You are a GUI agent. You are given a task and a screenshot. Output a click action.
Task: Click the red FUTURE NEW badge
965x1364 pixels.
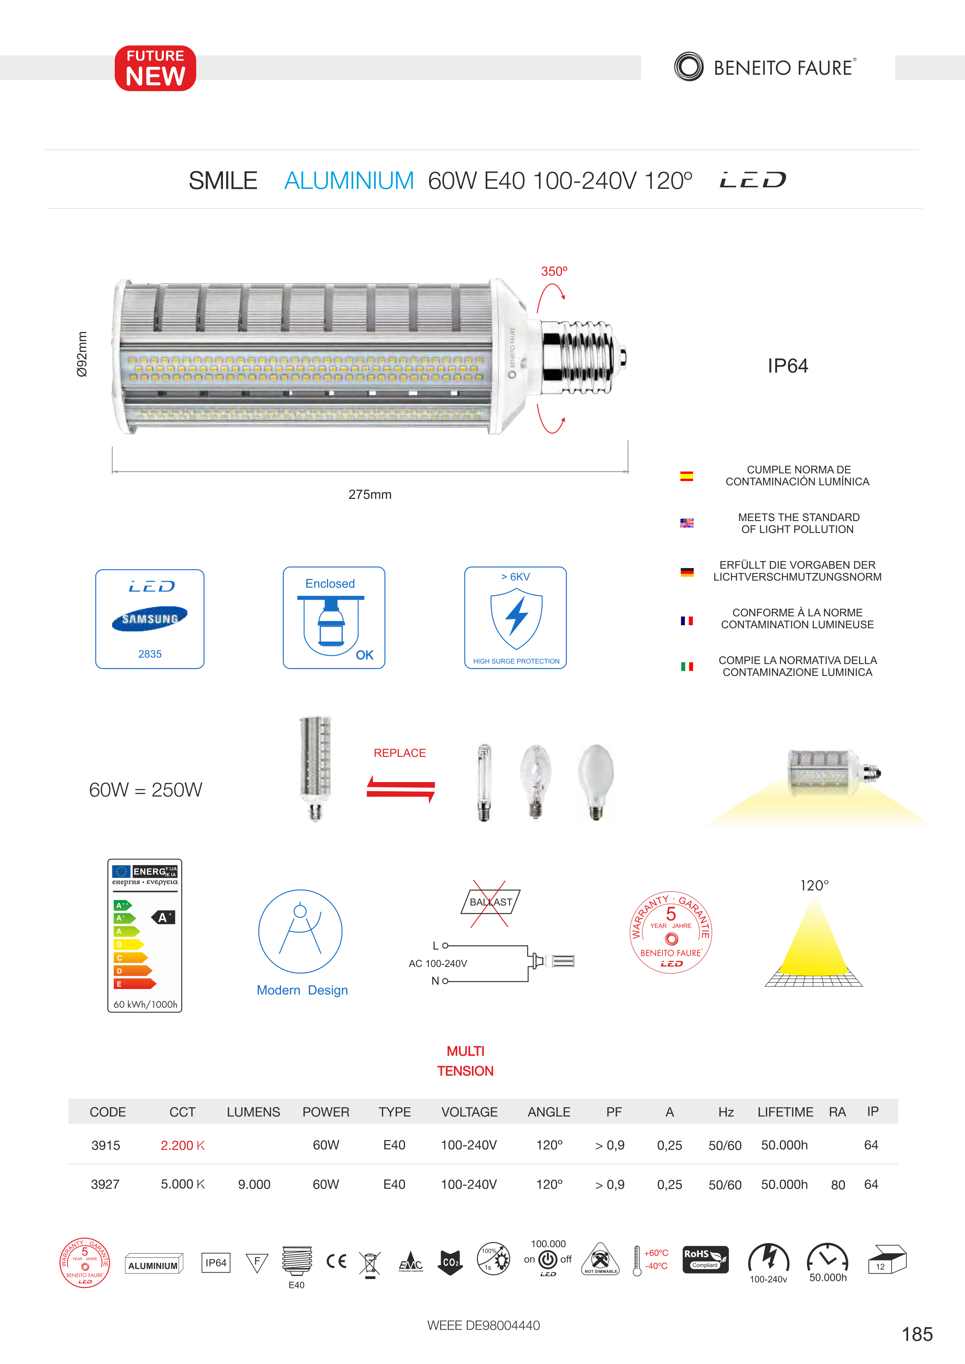[x=155, y=68]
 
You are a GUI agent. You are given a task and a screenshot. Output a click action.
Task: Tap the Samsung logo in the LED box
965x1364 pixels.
[x=150, y=618]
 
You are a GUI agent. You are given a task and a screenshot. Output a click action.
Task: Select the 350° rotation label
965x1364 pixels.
[x=554, y=271]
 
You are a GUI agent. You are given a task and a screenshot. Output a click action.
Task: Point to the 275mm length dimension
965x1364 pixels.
[x=370, y=494]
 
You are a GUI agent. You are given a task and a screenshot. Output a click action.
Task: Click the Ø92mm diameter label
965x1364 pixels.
[x=82, y=354]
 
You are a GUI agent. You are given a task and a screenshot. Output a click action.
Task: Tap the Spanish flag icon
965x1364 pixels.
[x=687, y=476]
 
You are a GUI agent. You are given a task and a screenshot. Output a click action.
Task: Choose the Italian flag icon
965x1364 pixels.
[x=687, y=667]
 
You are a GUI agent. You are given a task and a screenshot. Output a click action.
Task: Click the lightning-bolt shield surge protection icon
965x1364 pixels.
[x=516, y=618]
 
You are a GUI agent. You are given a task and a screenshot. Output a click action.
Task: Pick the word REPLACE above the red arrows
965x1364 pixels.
[x=400, y=753]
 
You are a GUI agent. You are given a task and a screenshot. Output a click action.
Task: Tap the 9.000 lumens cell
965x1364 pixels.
[x=254, y=1184]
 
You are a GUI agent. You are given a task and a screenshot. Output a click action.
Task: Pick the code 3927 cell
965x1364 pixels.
[x=105, y=1184]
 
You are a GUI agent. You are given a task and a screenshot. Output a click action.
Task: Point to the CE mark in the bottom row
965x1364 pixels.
[x=337, y=1261]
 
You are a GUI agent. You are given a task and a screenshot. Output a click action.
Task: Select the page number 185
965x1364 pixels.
[x=917, y=1334]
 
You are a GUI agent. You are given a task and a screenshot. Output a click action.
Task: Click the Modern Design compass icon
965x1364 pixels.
[x=300, y=931]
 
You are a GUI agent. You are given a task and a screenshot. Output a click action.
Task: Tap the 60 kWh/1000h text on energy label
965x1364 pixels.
[x=145, y=1004]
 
